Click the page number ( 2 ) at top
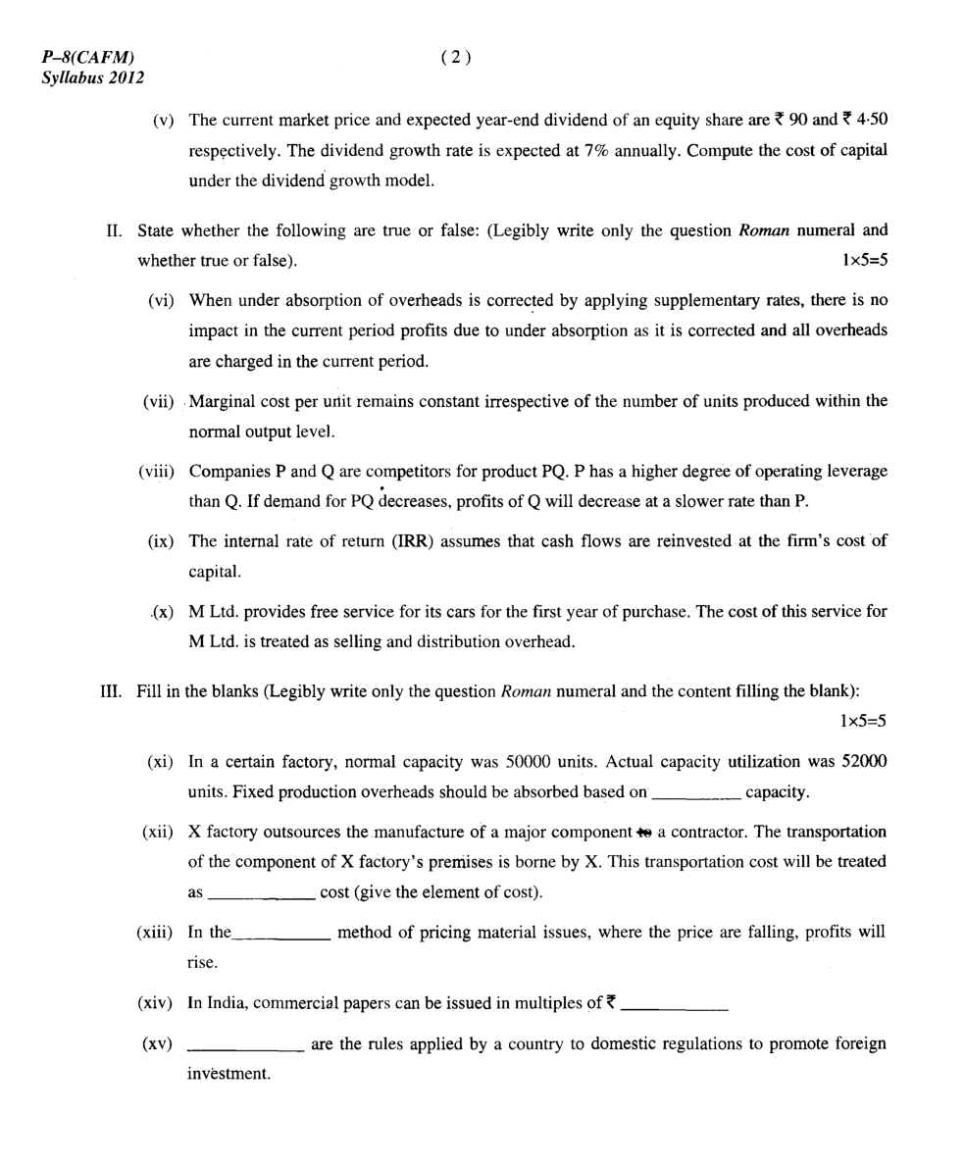coord(456,57)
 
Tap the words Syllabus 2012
coord(92,77)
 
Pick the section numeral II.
coord(114,230)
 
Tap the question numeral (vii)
coord(158,401)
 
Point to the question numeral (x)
coord(163,611)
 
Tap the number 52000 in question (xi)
coord(864,761)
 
